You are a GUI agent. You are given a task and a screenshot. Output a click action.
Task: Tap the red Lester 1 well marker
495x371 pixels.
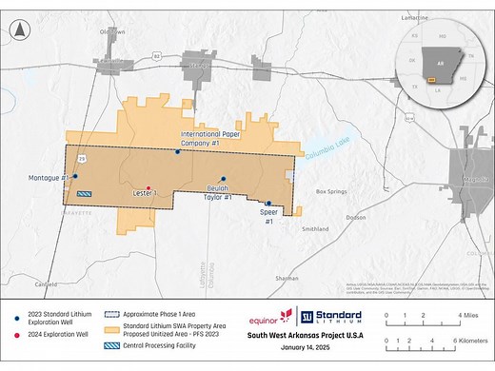tap(148, 187)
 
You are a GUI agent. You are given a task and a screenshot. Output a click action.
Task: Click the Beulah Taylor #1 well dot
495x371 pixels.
tap(224, 179)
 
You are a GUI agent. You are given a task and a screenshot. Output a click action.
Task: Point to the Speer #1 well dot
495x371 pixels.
tap(268, 203)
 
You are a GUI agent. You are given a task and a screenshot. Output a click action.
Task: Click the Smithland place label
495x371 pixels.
tap(314, 229)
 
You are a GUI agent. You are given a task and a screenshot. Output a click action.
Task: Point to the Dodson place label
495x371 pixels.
tap(356, 217)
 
